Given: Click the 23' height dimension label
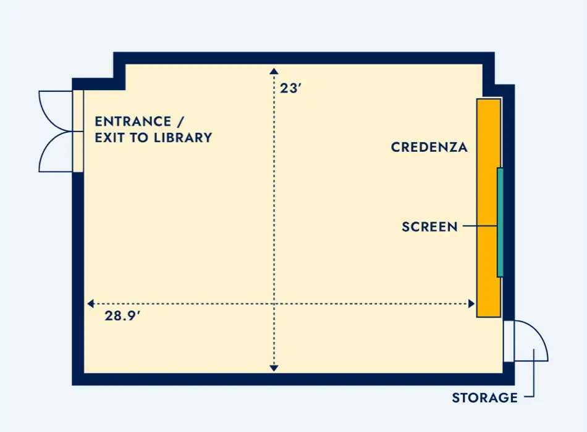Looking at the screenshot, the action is click(x=290, y=88).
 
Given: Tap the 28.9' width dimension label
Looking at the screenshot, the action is click(x=122, y=316).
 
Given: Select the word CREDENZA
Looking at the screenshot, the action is click(x=429, y=147).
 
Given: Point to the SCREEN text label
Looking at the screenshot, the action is click(x=430, y=226).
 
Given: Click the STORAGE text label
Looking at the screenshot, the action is click(x=485, y=397).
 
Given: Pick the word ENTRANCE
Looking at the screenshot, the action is click(x=133, y=122).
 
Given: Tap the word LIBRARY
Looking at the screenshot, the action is click(x=183, y=138).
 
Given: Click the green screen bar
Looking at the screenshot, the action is click(x=500, y=223).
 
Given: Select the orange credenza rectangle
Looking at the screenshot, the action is click(x=489, y=208).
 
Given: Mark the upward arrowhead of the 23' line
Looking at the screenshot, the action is click(x=274, y=71).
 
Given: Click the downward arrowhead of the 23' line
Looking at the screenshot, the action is click(x=274, y=368).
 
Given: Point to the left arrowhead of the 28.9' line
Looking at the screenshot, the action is click(x=90, y=304).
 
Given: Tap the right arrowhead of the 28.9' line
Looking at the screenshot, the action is click(x=471, y=304).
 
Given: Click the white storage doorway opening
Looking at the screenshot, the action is click(x=509, y=341).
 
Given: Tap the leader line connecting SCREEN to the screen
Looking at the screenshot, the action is click(x=480, y=226).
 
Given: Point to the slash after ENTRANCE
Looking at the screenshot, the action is click(x=180, y=122).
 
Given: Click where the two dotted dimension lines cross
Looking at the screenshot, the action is click(x=274, y=304).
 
